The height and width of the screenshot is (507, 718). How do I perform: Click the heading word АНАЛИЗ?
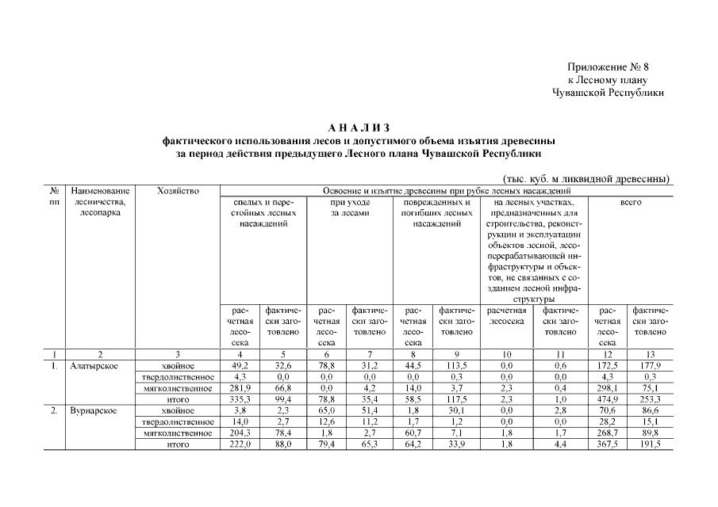tap(359, 127)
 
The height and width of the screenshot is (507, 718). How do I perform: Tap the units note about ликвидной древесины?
tap(586, 179)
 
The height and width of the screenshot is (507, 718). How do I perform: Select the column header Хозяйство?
tap(178, 191)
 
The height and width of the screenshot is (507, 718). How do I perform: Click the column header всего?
tap(631, 203)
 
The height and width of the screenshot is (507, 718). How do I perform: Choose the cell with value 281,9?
tap(241, 388)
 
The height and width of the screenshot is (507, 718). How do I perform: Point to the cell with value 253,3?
tap(649, 400)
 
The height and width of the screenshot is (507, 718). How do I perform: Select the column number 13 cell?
tap(649, 354)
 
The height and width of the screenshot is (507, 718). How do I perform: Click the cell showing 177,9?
tap(649, 365)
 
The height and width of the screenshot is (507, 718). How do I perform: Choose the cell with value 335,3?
tap(241, 400)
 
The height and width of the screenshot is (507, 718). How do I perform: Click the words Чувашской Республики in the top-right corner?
tap(608, 93)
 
